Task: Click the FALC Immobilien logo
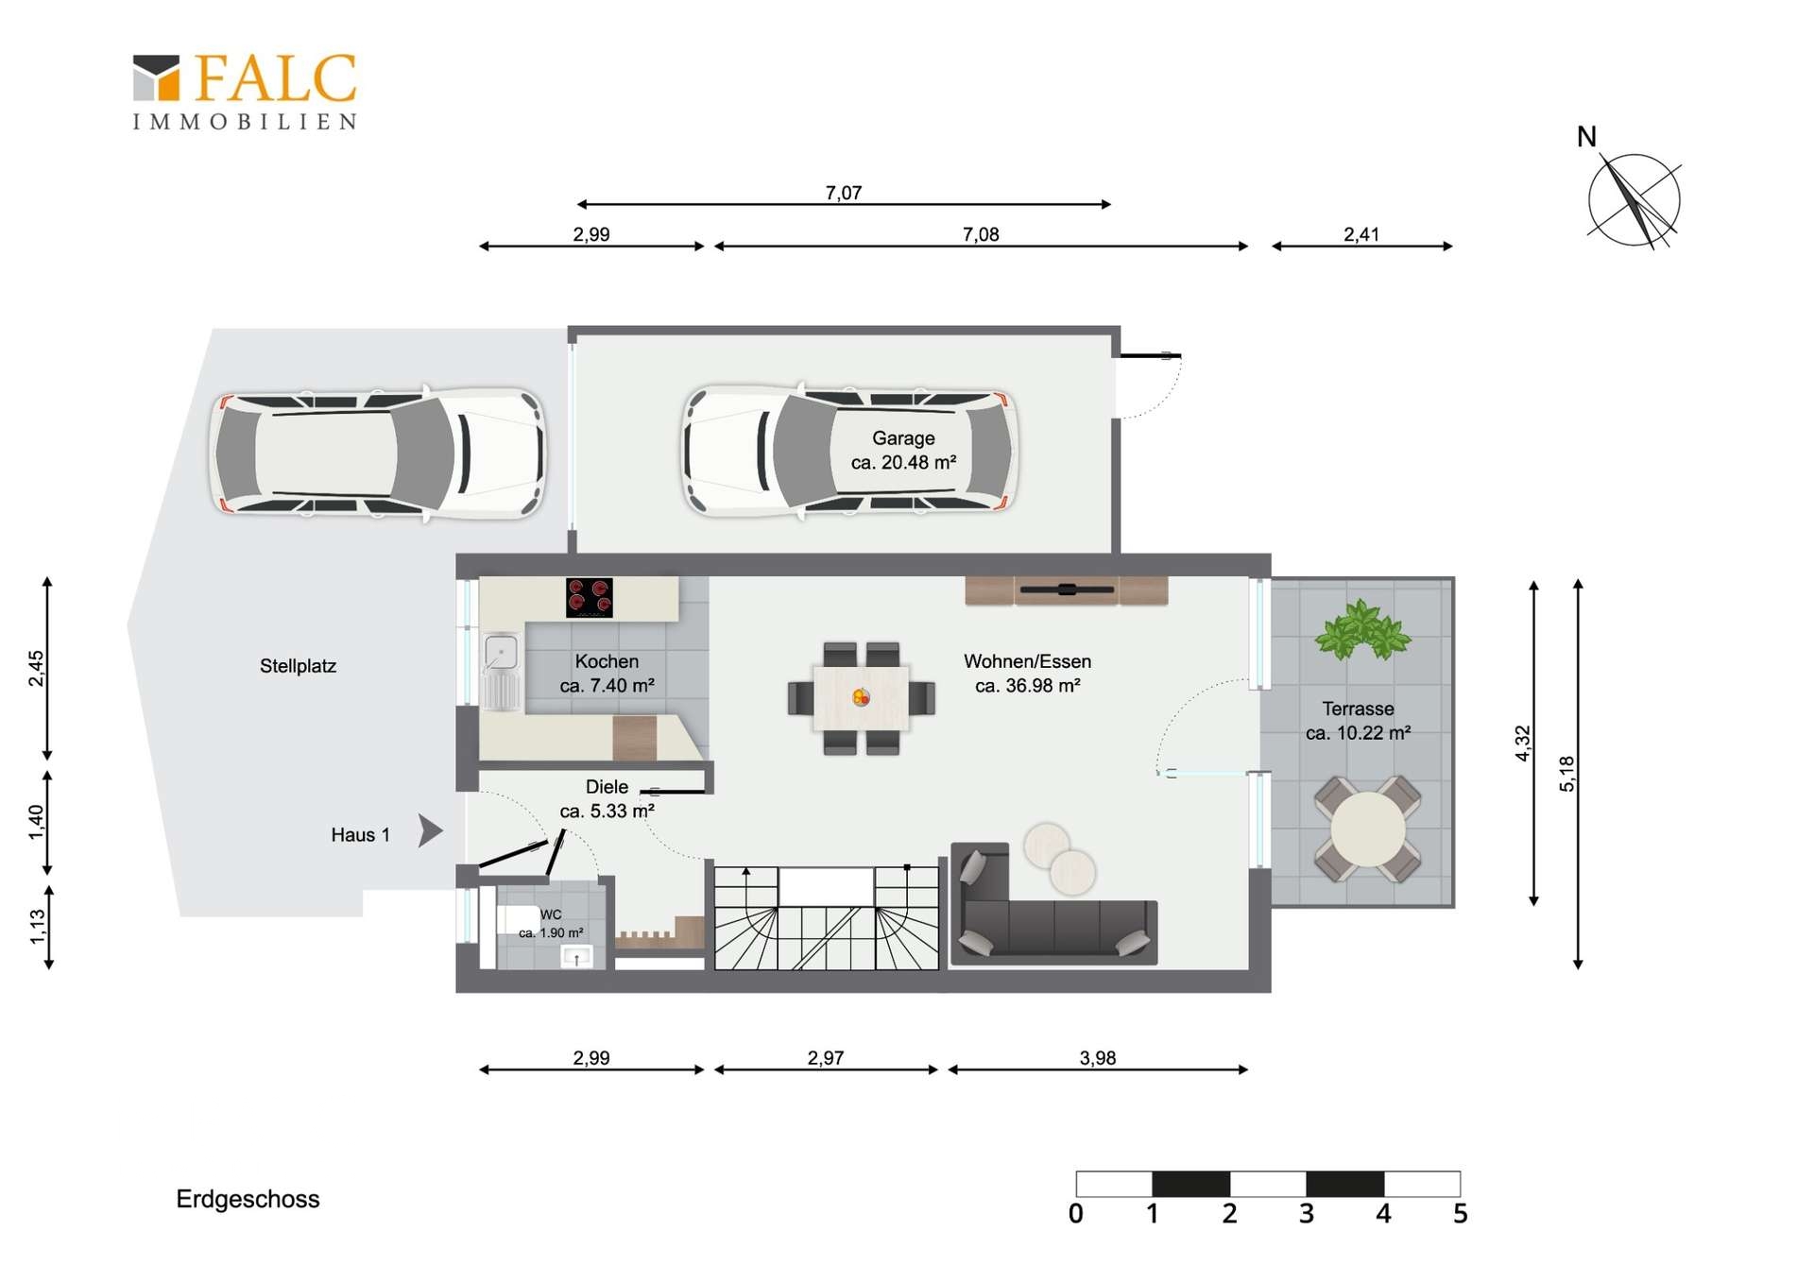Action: point(245,92)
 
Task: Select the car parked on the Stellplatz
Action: point(376,453)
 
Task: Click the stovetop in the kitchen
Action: point(590,597)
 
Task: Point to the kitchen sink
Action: point(501,652)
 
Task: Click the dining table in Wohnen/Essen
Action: point(861,698)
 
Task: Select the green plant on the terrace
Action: point(1361,629)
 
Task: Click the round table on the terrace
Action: point(1367,829)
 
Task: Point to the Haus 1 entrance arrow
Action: point(430,830)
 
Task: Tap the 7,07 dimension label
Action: point(844,193)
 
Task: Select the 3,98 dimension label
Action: point(1098,1058)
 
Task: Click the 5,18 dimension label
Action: point(1567,774)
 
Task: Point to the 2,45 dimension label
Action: point(36,669)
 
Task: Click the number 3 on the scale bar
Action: point(1307,1214)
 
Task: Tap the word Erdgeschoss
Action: point(248,1199)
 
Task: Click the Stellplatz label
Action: point(298,666)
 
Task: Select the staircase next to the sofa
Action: point(827,918)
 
